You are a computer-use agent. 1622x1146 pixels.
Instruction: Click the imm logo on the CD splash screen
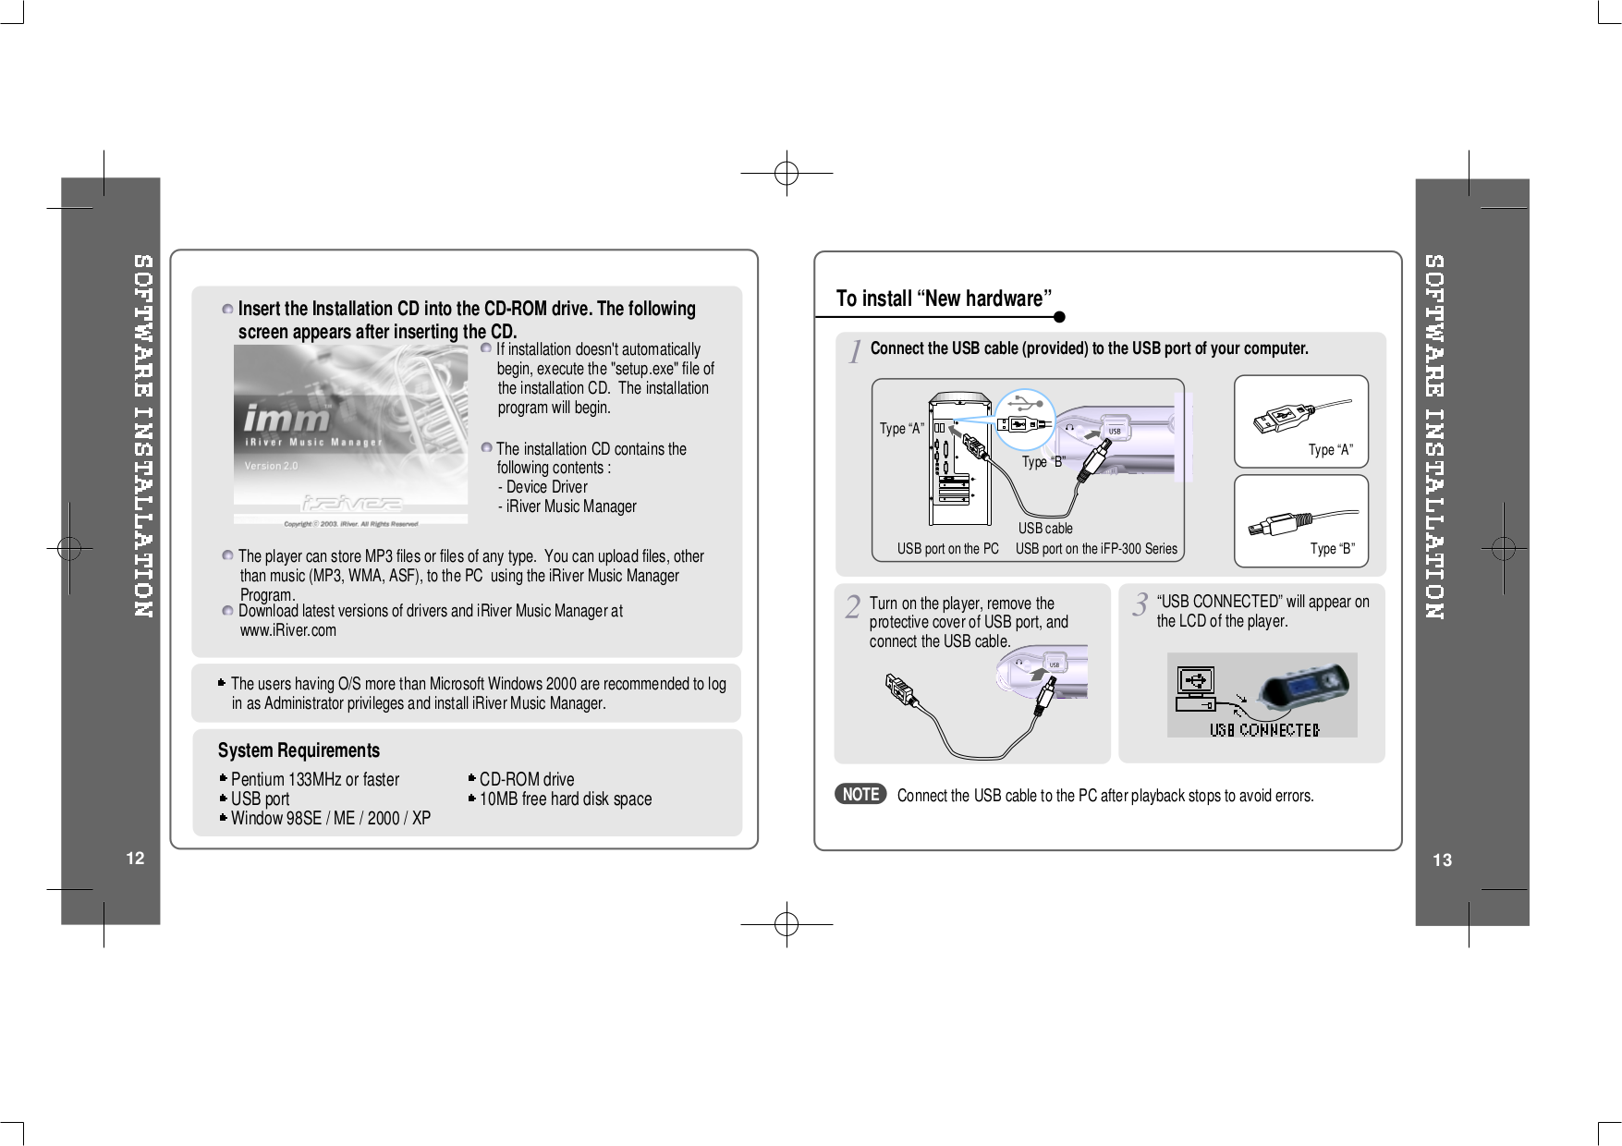(287, 419)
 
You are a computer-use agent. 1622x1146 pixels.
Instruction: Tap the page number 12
(135, 859)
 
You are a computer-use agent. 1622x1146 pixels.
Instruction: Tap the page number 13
(1442, 860)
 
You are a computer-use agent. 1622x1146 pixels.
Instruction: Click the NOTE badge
(860, 795)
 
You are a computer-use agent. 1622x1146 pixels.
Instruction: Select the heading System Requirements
(299, 750)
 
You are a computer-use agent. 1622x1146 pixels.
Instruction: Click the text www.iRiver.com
(288, 630)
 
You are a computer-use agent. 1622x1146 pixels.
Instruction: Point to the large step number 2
(852, 608)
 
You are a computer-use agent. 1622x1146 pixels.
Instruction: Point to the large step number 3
(1140, 606)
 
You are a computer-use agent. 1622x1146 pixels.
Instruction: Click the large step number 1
(856, 352)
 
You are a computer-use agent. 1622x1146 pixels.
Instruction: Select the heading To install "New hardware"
(944, 299)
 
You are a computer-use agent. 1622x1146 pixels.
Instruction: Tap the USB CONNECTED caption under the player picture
(1264, 730)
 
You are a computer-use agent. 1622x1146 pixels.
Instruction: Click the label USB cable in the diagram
(1045, 529)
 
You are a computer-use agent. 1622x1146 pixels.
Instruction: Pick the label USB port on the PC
(947, 549)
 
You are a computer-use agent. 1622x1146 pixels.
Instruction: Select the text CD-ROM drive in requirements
(526, 779)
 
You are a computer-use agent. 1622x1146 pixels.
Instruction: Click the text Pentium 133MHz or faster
(314, 779)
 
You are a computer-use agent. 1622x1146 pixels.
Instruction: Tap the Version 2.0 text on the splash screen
(271, 466)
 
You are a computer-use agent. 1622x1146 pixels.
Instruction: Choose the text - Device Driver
(543, 487)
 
